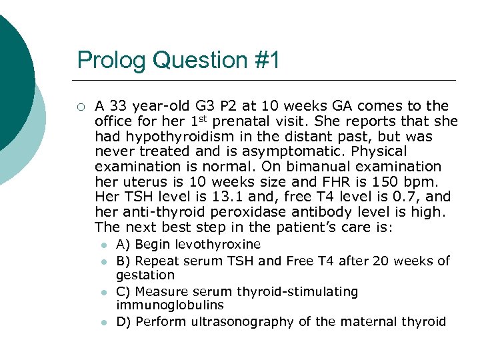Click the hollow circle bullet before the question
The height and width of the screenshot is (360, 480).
pyautogui.click(x=80, y=106)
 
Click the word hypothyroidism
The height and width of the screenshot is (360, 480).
pyautogui.click(x=167, y=137)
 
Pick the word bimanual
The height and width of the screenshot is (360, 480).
pyautogui.click(x=321, y=167)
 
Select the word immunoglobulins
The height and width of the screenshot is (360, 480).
pyautogui.click(x=169, y=305)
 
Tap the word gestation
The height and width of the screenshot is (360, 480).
pyautogui.click(x=145, y=275)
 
